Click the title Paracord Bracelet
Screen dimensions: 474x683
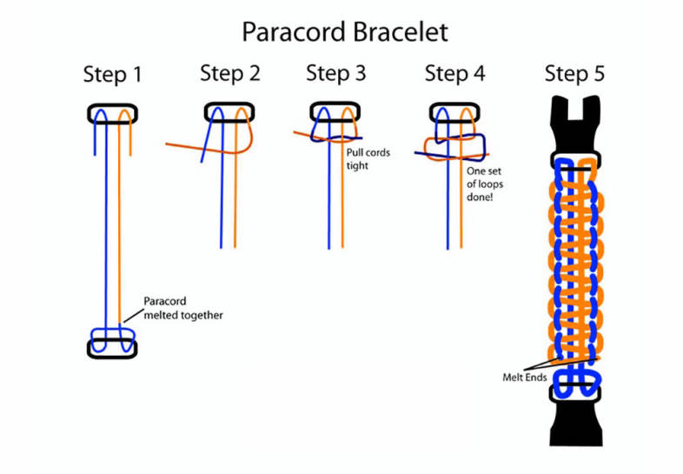[x=344, y=32]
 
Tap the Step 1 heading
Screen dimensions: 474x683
[x=112, y=74]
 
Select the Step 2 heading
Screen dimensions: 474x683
[x=229, y=73]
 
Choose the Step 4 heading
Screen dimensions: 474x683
[x=454, y=73]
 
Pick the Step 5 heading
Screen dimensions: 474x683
[x=574, y=73]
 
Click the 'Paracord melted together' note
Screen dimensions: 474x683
[x=182, y=309]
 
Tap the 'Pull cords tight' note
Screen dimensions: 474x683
[x=368, y=158]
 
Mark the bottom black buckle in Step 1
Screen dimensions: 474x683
[x=112, y=348]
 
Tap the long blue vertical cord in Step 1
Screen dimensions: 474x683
[x=104, y=226]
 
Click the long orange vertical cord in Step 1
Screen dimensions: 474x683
[x=120, y=226]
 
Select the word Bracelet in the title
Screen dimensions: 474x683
[x=400, y=32]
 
